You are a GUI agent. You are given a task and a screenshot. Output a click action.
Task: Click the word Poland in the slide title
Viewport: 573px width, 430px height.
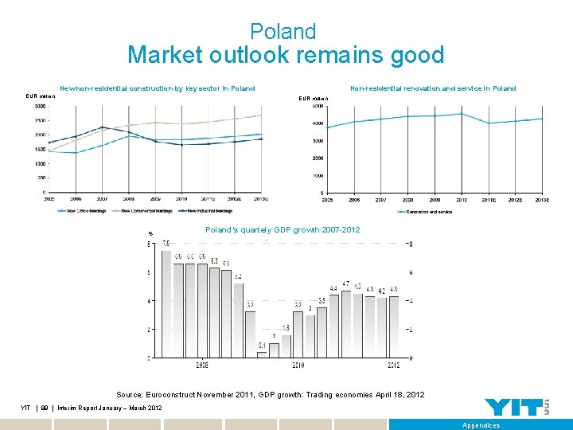283,32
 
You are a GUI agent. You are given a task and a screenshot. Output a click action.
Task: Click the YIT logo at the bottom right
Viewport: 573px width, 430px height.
517,407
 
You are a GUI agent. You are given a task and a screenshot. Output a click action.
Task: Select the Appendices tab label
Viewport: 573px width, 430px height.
481,425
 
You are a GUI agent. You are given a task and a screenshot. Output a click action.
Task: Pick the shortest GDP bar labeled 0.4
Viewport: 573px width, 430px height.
262,354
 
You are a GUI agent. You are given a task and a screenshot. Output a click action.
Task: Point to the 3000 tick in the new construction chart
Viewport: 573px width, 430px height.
39,107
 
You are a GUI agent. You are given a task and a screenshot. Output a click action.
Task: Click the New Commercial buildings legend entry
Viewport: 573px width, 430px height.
146,211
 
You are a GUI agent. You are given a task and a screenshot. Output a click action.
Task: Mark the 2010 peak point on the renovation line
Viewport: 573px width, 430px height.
461,114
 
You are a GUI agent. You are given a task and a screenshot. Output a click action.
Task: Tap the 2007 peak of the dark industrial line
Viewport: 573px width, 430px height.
102,127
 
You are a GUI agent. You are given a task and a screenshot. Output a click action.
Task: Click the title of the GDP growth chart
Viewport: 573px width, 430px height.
283,230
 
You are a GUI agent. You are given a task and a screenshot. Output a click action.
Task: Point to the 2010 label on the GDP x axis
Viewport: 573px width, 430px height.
297,365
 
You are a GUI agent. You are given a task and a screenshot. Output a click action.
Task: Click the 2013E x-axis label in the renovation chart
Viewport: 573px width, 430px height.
541,200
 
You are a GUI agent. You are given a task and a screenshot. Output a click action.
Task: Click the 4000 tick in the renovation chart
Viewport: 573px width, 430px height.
317,123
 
